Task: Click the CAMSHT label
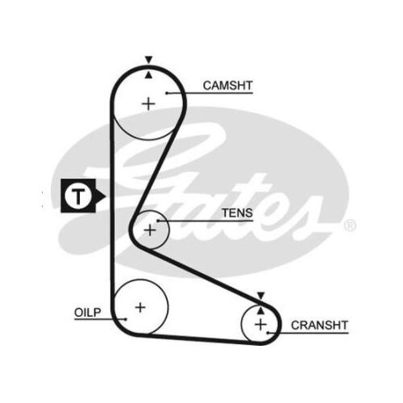[227, 85]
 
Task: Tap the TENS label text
[237, 213]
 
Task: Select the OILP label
[88, 313]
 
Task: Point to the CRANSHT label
[319, 326]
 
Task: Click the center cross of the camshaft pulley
[148, 104]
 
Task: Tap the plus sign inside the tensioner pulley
[150, 231]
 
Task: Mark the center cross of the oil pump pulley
[140, 307]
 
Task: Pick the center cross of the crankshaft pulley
[260, 325]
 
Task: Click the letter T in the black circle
[78, 196]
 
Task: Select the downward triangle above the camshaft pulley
[148, 60]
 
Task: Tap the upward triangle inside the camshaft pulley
[148, 76]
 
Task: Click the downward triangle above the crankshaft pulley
[261, 296]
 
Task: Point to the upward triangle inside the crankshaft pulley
[261, 311]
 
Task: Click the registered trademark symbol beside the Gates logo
[350, 226]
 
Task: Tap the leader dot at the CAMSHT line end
[167, 93]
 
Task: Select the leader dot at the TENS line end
[159, 221]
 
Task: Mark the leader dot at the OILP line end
[126, 319]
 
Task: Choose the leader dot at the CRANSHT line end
[268, 333]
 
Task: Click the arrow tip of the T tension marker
[106, 196]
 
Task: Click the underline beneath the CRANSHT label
[308, 333]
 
